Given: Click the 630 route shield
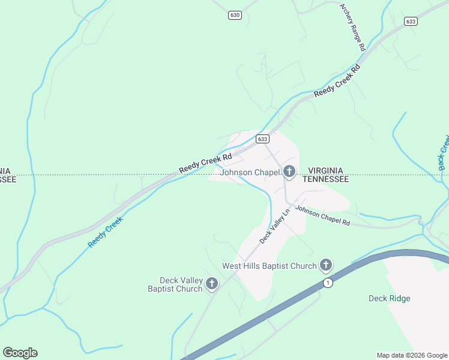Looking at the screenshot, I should [x=235, y=15].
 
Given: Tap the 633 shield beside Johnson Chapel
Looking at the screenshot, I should [x=262, y=139].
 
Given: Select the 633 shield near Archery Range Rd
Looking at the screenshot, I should [x=411, y=22].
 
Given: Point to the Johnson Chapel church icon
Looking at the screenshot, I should [x=289, y=173].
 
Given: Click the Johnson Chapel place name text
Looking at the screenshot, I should [x=250, y=173].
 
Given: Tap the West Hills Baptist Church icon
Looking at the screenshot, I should [x=326, y=265].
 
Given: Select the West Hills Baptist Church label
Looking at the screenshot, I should [x=269, y=266].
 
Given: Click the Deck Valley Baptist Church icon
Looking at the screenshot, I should [x=211, y=284].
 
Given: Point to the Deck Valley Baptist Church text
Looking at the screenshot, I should [x=175, y=284].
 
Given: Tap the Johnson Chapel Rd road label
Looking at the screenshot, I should [x=322, y=217].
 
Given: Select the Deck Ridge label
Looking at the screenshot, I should [x=389, y=298].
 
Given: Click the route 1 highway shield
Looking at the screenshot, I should [x=327, y=283].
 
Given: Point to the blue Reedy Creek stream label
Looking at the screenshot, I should [x=106, y=232].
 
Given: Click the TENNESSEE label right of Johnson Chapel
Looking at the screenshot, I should [x=325, y=179].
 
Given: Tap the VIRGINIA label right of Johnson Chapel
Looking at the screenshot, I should [x=325, y=170].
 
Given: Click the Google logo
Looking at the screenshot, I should [x=20, y=353].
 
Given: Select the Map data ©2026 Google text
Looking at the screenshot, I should [x=411, y=355].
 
